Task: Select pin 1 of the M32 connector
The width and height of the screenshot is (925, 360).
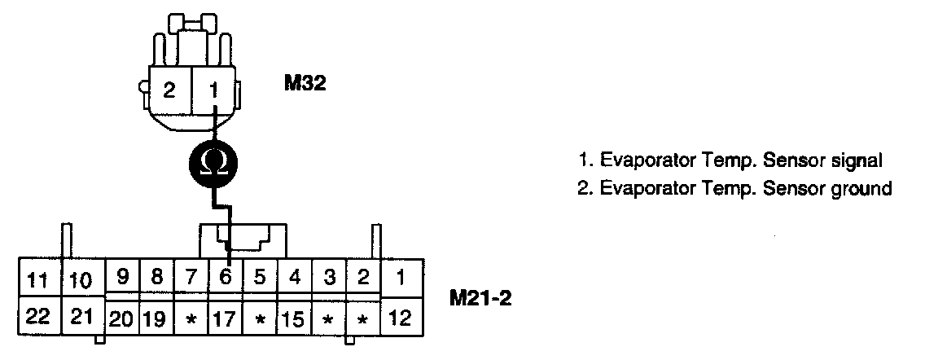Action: pos(213,90)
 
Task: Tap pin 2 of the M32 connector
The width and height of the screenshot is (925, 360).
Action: pos(169,90)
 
